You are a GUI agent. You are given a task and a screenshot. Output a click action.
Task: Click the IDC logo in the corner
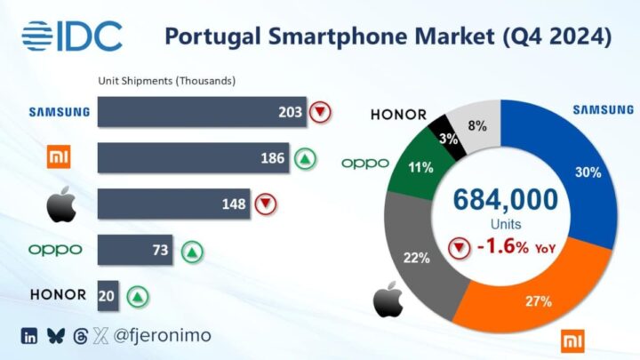pos(71,36)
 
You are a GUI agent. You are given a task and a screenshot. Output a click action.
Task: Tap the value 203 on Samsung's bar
pos(290,112)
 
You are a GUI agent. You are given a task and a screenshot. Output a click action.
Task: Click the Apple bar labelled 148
pos(174,204)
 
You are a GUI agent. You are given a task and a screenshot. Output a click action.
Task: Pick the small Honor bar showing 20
pos(108,296)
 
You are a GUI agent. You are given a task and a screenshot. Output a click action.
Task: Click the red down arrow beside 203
pos(320,112)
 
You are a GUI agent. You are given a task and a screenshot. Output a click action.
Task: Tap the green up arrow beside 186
pos(305,159)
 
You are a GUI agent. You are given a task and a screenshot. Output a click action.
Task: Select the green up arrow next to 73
pos(190,250)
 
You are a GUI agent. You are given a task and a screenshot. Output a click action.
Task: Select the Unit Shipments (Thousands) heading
pos(166,81)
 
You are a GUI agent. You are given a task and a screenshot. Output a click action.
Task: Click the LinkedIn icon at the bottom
pos(29,336)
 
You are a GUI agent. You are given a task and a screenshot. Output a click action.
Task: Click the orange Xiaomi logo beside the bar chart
pos(57,159)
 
